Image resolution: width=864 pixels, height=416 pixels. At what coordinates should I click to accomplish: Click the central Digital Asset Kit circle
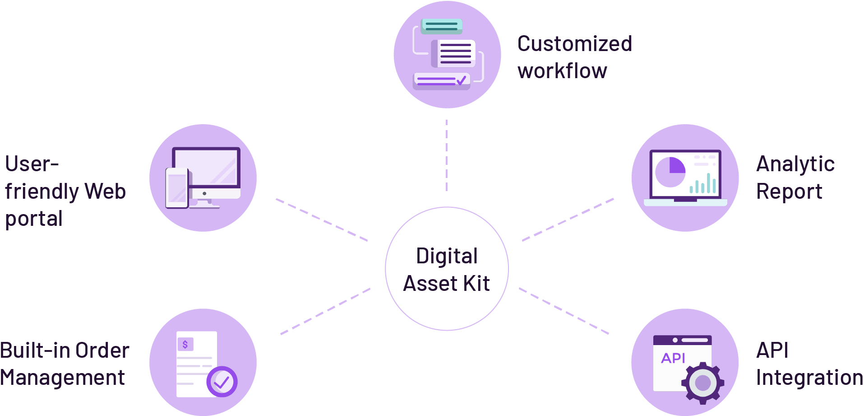[x=447, y=269]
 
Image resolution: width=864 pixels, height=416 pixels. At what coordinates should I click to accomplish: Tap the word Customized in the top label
[x=575, y=44]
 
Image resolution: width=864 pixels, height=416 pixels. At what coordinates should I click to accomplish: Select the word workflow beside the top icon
[x=562, y=71]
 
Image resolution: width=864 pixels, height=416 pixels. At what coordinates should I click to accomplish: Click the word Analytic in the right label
[x=795, y=164]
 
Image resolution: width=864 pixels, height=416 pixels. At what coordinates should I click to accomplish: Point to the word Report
[x=789, y=192]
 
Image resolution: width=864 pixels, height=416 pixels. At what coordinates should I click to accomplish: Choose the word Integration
[x=809, y=378]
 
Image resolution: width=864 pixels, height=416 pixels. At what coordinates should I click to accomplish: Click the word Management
[x=62, y=378]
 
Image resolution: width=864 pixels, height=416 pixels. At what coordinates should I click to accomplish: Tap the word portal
[x=34, y=219]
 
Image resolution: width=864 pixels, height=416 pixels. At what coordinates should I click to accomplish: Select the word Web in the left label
[x=105, y=192]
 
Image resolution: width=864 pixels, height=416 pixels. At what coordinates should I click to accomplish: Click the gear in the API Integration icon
[x=702, y=383]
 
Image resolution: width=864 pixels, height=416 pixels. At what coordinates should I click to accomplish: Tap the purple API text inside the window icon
[x=673, y=358]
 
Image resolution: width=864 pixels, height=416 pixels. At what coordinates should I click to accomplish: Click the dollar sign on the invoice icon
[x=185, y=345]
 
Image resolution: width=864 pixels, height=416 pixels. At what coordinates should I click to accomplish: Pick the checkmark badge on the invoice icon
[x=222, y=382]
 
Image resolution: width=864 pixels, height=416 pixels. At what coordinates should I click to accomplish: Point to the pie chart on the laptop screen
[x=670, y=172]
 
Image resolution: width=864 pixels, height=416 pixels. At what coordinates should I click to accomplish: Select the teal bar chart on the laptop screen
[x=703, y=184]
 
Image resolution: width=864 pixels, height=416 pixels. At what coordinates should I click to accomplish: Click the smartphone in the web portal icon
[x=177, y=188]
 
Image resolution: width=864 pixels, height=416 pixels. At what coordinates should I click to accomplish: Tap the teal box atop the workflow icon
[x=441, y=26]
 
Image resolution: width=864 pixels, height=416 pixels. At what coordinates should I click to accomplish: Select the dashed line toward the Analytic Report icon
[x=568, y=220]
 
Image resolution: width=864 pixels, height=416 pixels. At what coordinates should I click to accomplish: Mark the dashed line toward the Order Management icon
[x=325, y=311]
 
